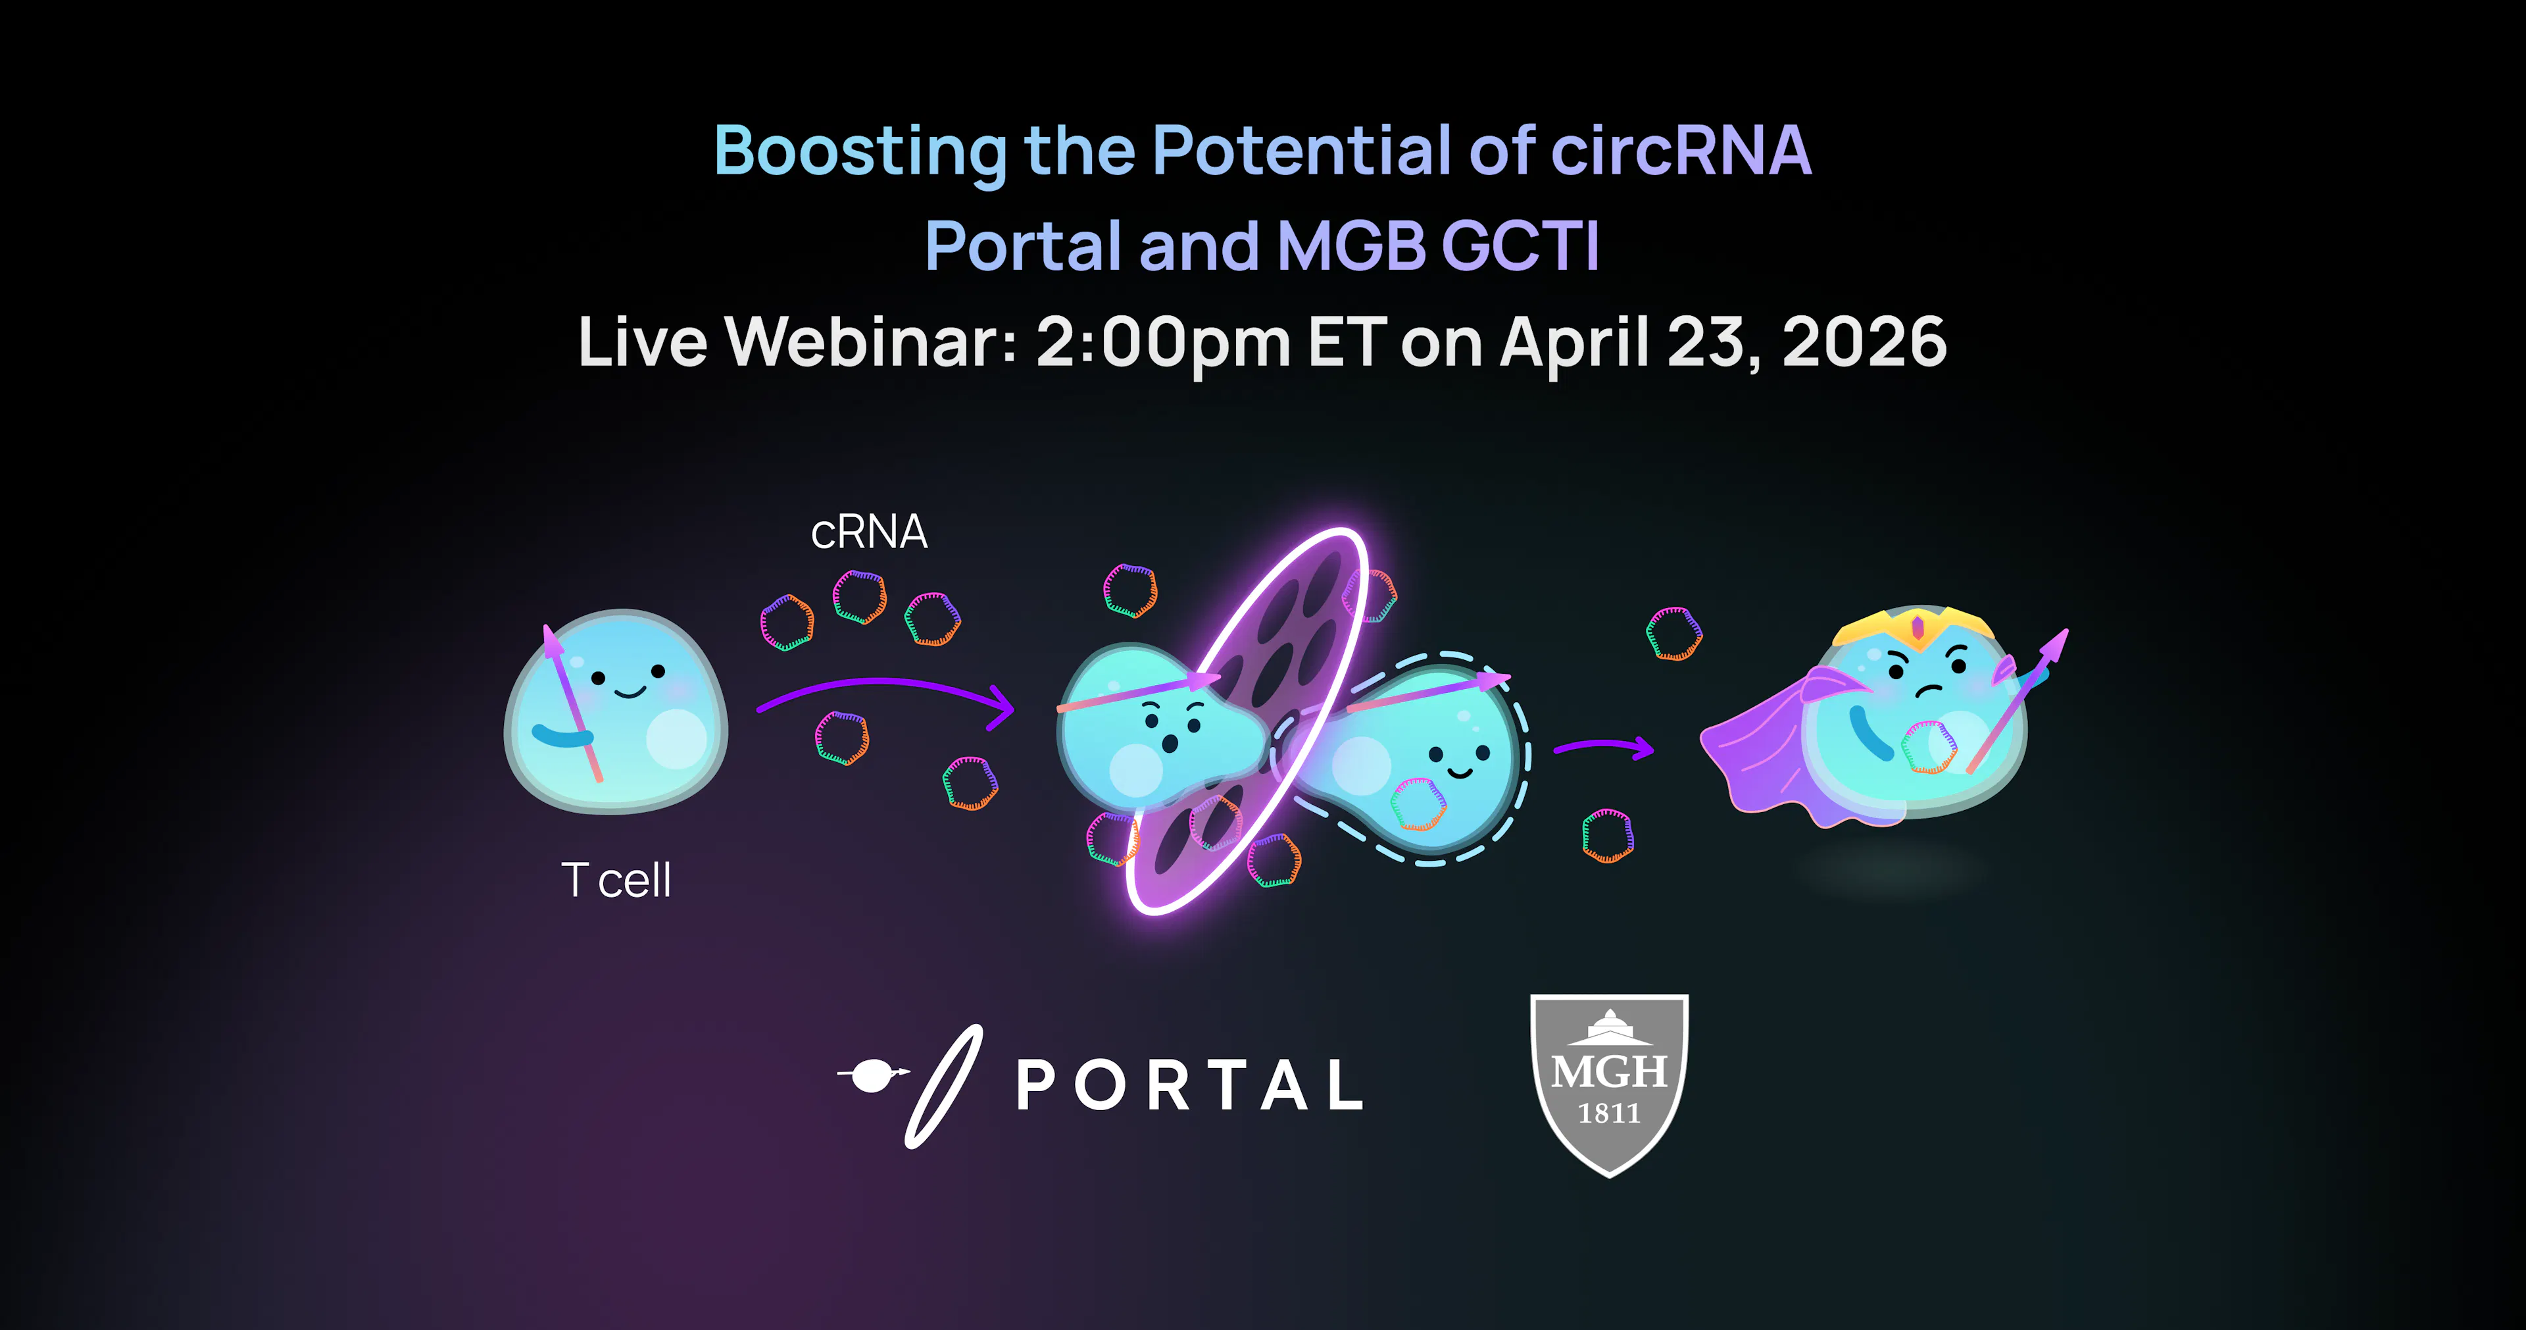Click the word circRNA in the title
pos(1681,151)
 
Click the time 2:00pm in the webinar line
pos(1162,344)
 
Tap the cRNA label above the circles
pos(869,532)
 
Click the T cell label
pos(616,880)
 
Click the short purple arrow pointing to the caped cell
pos(1605,746)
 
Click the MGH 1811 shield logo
pos(1609,1085)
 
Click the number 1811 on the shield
pos(1609,1113)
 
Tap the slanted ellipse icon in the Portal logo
pos(943,1086)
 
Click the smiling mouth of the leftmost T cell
pos(629,692)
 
